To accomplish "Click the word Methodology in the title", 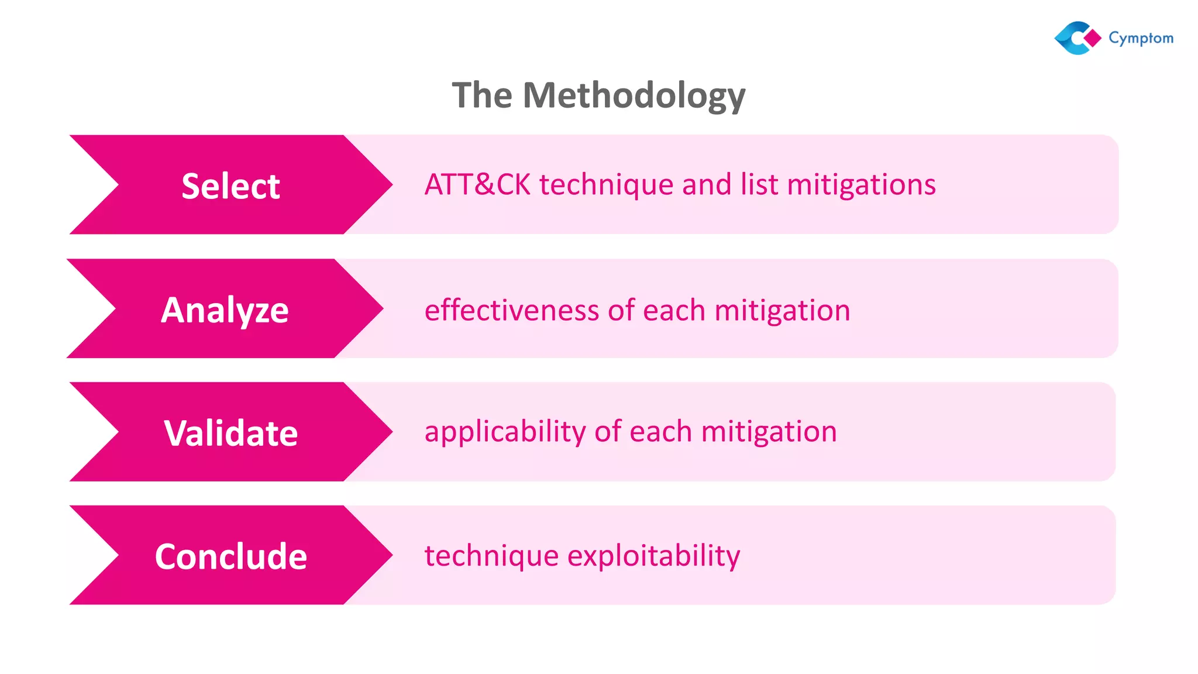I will pos(634,95).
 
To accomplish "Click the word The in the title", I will pos(482,95).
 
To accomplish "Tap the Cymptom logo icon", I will pos(1075,38).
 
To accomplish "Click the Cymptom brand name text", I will pos(1141,38).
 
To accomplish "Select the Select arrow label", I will pos(230,186).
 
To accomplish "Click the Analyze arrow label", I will pos(225,310).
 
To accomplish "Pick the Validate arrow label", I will pos(230,433).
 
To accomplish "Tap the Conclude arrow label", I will pos(230,556).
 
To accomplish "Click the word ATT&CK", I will pos(477,184).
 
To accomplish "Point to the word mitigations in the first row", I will pos(861,184).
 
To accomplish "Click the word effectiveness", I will pos(511,310).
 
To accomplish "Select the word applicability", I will pos(505,432).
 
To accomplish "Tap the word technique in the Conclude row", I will pos(491,555).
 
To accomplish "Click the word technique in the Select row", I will pos(606,185).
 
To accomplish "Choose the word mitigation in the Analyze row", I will pos(782,310).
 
